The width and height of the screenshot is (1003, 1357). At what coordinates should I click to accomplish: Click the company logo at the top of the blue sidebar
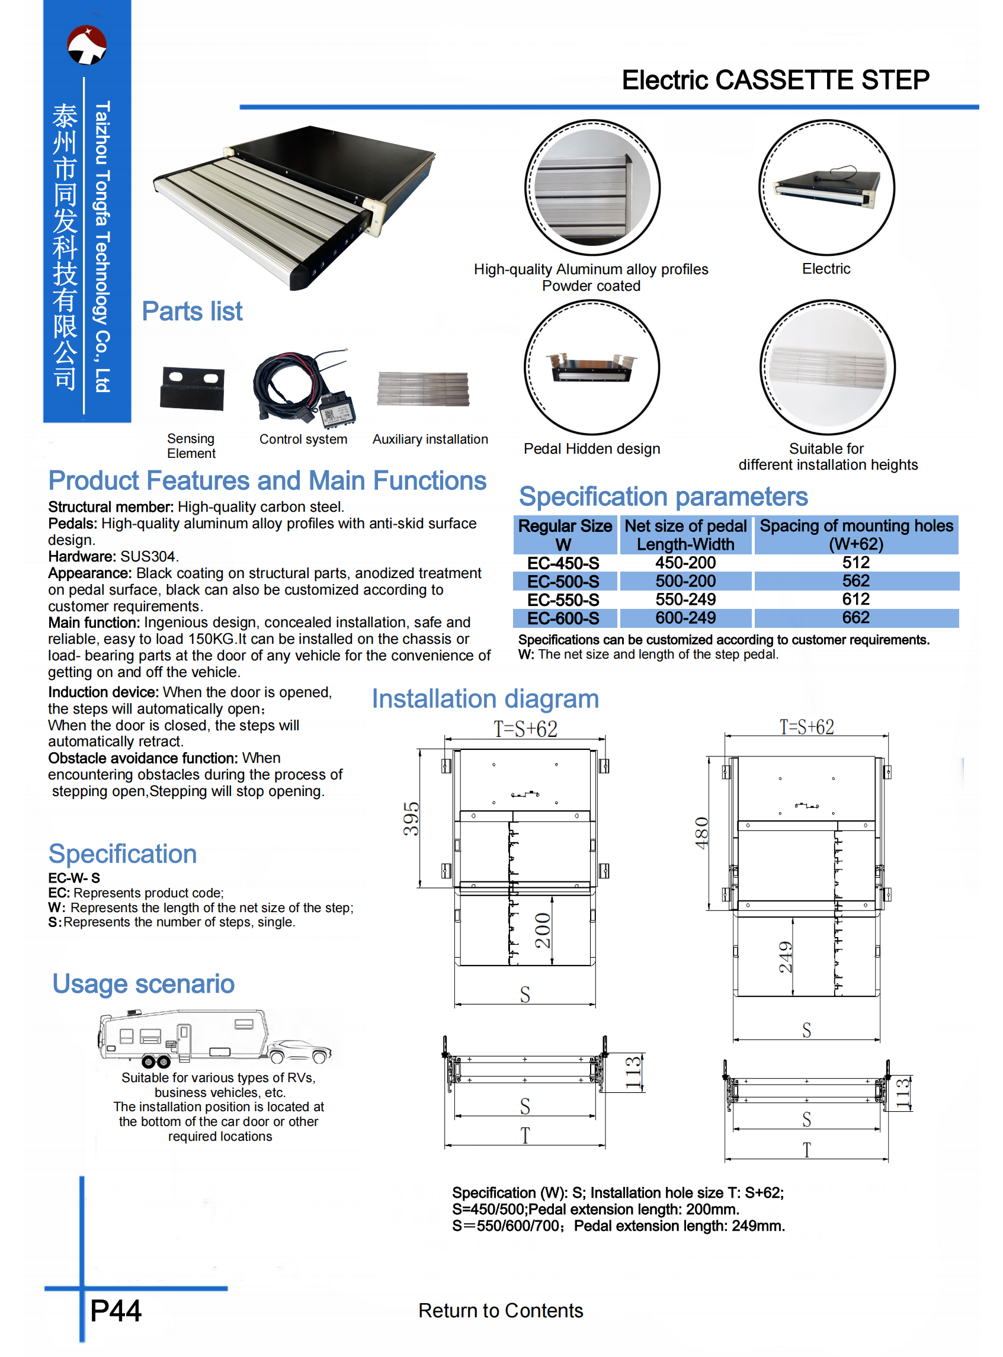click(87, 45)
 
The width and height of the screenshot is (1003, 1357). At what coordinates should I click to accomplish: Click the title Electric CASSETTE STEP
click(776, 80)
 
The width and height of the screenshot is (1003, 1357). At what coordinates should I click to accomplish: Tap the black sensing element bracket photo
click(192, 389)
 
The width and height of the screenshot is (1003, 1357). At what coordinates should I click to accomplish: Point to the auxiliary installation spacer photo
click(423, 389)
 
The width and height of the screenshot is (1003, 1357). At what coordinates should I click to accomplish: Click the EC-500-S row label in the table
click(563, 582)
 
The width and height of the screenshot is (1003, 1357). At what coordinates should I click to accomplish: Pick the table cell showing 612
click(855, 599)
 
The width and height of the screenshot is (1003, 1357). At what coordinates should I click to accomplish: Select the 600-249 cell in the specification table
click(685, 618)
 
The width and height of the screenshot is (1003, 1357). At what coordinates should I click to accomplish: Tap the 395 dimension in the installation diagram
click(412, 818)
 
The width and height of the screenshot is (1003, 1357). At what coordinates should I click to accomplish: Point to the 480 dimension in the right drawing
click(702, 833)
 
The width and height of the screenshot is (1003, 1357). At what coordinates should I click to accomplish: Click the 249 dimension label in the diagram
click(786, 957)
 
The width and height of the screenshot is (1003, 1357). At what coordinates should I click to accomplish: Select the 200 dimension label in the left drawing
click(543, 930)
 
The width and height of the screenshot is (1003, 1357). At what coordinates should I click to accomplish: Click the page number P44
click(116, 1310)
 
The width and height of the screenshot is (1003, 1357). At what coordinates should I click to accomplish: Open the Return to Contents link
click(500, 1310)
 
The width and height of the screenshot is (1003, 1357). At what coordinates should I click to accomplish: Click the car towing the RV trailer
click(300, 1051)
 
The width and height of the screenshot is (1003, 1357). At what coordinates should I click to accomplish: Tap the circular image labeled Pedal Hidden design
click(592, 367)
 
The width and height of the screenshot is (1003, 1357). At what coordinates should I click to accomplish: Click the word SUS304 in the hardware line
click(149, 557)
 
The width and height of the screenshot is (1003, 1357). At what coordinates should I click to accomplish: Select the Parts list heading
click(192, 312)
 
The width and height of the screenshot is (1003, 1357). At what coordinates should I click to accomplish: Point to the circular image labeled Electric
click(826, 187)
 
